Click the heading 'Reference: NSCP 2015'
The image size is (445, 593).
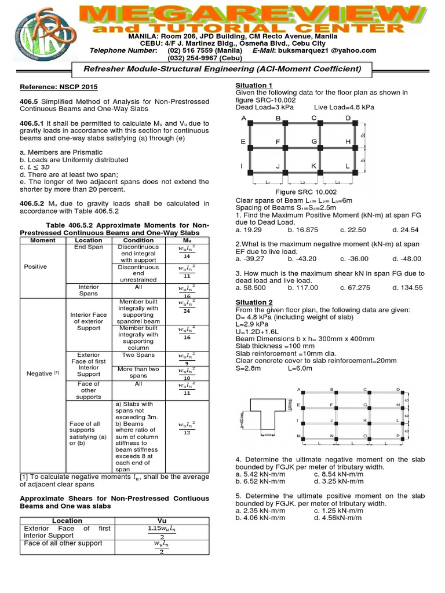59,87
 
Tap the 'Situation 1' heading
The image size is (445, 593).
254,85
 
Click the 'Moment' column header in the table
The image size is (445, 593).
42,240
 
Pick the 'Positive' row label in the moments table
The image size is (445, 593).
36,266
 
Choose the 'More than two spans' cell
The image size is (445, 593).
138,372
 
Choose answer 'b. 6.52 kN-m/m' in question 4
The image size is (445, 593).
261,481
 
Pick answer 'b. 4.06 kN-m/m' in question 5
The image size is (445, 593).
261,517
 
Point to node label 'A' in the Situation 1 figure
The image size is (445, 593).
243,118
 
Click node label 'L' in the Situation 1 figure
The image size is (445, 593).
348,166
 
